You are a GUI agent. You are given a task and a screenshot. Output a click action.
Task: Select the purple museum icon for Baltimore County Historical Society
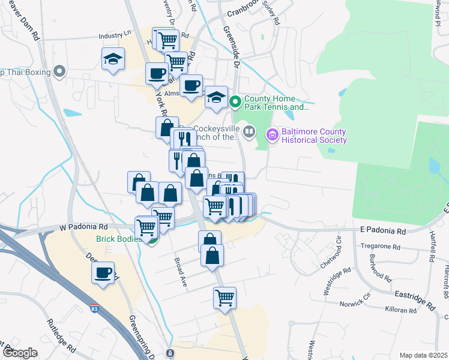(x=273, y=135)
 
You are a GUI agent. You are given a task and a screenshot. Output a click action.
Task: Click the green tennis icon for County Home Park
(x=235, y=103)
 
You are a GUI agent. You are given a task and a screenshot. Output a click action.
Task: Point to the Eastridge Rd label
(x=415, y=298)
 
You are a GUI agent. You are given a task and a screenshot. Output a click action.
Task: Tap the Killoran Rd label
(x=400, y=311)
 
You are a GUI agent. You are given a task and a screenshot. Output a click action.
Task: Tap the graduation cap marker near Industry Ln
(x=113, y=58)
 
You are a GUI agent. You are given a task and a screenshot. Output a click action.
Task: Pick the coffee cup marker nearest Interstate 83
(x=103, y=272)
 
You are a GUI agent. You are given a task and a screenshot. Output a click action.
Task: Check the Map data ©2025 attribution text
(x=423, y=355)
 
